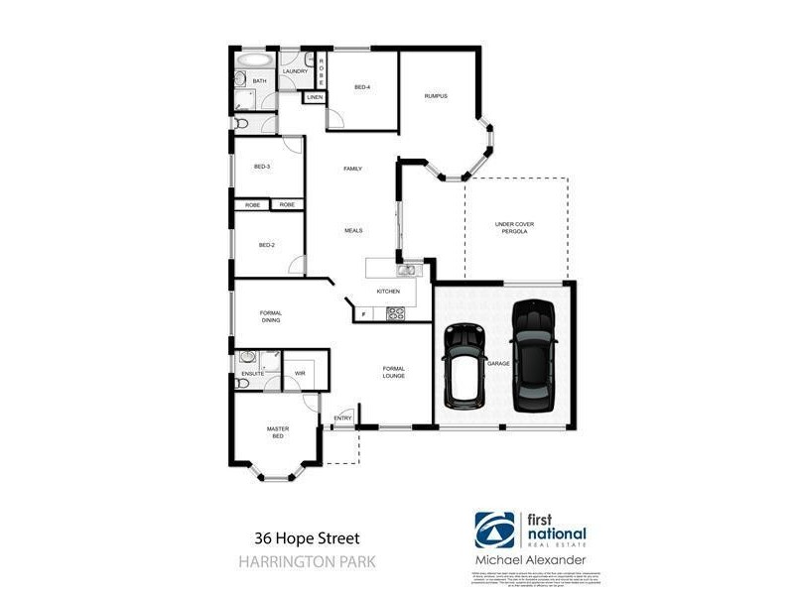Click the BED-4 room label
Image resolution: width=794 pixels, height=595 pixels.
[362, 87]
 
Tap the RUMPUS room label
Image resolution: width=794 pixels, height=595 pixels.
[436, 96]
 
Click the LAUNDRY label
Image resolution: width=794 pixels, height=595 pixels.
[295, 71]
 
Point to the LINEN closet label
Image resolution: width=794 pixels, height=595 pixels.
[315, 97]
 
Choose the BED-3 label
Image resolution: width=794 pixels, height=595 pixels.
[262, 167]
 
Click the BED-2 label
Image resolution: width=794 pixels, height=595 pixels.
[266, 245]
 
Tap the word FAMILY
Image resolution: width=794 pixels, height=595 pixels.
[352, 170]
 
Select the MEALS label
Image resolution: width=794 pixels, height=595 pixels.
[353, 230]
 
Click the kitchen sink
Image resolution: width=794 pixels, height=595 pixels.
[406, 270]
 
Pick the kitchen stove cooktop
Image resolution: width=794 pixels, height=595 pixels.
[395, 314]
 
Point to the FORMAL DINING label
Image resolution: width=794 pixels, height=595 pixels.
[271, 316]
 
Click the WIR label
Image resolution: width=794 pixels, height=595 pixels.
[299, 373]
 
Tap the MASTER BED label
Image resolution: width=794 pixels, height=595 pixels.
[278, 432]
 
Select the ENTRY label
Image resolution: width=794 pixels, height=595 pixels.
[343, 417]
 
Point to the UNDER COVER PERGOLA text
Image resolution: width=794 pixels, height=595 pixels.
[514, 227]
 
